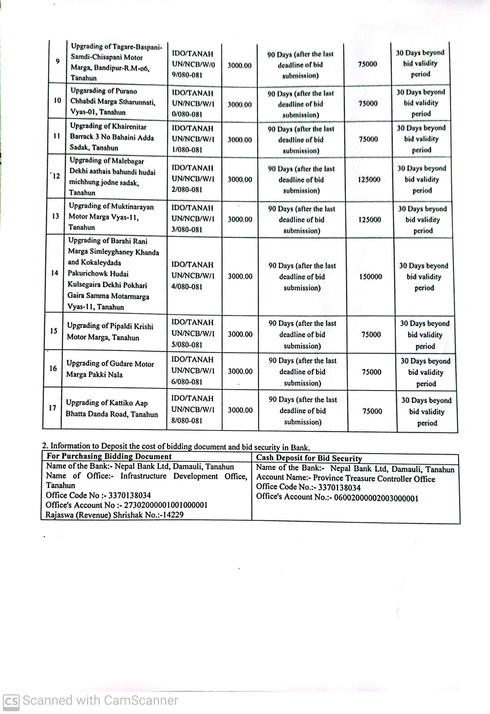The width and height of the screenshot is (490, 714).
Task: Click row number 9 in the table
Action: click(58, 61)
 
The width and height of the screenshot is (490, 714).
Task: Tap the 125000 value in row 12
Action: click(369, 179)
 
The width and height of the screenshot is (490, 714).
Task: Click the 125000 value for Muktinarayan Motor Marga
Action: click(370, 219)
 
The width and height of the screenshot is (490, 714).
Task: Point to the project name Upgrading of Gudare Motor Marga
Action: click(110, 369)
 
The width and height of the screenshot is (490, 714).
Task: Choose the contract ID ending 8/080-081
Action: click(192, 410)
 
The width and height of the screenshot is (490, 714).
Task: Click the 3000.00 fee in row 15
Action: click(240, 334)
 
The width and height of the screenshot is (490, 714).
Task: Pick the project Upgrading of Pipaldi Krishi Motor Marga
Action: click(110, 332)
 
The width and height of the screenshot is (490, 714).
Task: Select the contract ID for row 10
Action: click(193, 104)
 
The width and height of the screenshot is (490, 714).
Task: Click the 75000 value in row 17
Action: click(372, 411)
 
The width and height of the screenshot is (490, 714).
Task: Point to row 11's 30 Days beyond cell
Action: click(421, 139)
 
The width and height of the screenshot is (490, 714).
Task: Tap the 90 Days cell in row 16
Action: click(303, 372)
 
